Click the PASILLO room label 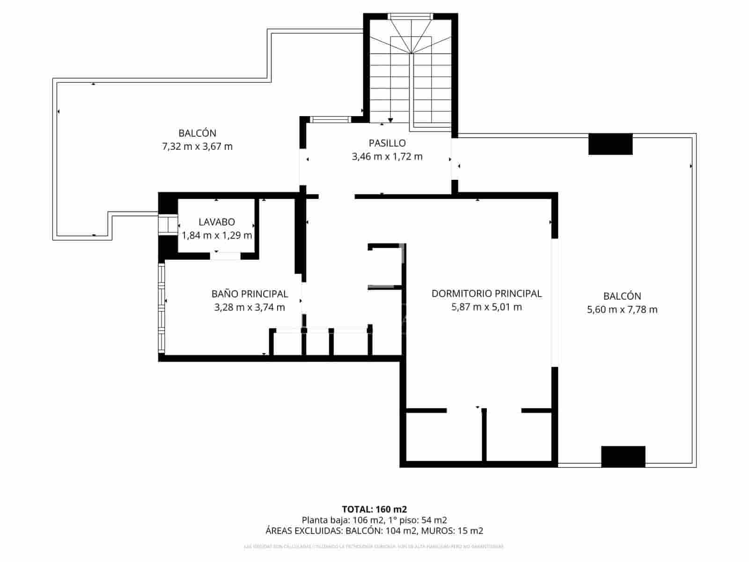point(387,143)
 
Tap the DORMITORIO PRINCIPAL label point(486,294)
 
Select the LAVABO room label point(216,222)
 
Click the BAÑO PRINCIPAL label point(250,294)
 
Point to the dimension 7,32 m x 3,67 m point(197,147)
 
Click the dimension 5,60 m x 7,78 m point(622,310)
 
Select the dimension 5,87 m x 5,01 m point(486,307)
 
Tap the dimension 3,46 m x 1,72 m point(387,156)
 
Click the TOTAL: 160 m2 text point(374,509)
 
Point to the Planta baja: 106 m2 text point(342,520)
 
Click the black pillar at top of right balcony point(610,144)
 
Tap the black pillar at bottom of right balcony point(623,457)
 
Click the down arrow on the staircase point(390,120)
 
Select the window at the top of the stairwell point(410,16)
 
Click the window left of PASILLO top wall point(330,119)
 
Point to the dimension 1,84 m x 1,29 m point(216,236)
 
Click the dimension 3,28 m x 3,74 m point(250,308)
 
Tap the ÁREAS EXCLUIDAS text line point(374,531)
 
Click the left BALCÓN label point(197,133)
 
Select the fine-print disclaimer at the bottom point(374,547)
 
